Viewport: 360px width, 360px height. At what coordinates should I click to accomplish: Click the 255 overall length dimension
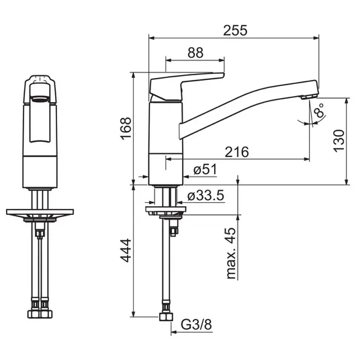coord(235,30)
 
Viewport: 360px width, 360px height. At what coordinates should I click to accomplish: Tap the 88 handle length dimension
coord(195,52)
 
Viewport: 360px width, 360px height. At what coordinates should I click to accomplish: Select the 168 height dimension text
coord(126,128)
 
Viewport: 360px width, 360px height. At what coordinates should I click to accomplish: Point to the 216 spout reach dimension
coord(236,152)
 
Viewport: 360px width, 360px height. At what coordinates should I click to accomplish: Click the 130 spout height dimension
coord(339,141)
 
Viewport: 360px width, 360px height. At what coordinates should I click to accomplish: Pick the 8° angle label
coord(319,111)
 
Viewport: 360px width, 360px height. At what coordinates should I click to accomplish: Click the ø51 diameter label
coord(205,170)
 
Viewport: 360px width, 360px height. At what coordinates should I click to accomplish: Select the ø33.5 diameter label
coord(206,196)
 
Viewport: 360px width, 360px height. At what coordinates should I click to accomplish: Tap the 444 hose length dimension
coord(126,251)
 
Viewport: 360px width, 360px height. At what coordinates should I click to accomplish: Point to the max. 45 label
coord(231,253)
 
